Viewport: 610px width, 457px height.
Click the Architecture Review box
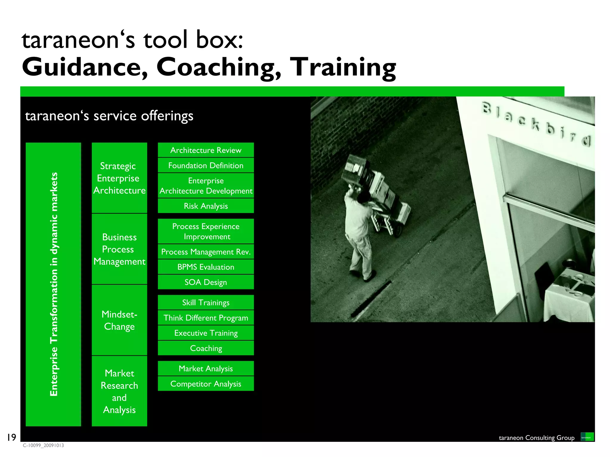pos(206,150)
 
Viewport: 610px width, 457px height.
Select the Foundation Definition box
pos(206,165)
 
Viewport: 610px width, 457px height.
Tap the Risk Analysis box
pos(206,206)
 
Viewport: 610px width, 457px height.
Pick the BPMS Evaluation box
pos(206,267)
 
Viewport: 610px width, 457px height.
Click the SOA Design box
pos(206,282)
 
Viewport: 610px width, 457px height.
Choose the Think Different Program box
pos(206,317)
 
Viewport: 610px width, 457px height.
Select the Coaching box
pos(206,348)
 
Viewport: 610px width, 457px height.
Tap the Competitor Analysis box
pos(206,384)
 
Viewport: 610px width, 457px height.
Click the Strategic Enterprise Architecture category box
pos(119,178)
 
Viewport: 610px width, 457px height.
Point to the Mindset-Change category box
pos(119,320)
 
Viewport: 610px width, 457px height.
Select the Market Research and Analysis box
pos(119,391)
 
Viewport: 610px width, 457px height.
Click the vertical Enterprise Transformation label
pos(53,284)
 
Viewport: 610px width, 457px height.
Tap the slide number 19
pos(11,437)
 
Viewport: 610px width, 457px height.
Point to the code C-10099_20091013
pos(43,445)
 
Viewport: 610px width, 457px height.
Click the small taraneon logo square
pos(587,437)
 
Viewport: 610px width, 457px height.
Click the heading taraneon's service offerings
pos(109,116)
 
